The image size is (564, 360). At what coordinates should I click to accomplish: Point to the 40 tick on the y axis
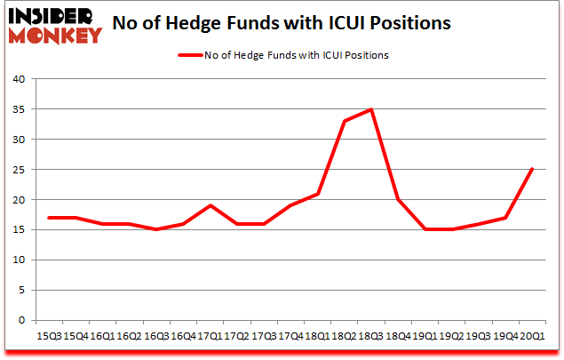[x=20, y=79]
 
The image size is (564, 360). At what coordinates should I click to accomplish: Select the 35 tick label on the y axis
[x=20, y=109]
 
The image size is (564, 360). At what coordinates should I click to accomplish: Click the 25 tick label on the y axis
[x=20, y=170]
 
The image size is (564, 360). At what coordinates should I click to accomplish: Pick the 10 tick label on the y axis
[x=20, y=260]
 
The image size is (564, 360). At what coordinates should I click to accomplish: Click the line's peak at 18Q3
[x=371, y=109]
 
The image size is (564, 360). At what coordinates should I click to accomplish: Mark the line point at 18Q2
[x=345, y=121]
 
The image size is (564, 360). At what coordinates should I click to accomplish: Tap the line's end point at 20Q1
[x=532, y=170]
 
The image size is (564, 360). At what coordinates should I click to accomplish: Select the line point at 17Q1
[x=210, y=205]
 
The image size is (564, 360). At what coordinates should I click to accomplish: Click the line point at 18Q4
[x=398, y=200]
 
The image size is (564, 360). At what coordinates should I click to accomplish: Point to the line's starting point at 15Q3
[x=49, y=218]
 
